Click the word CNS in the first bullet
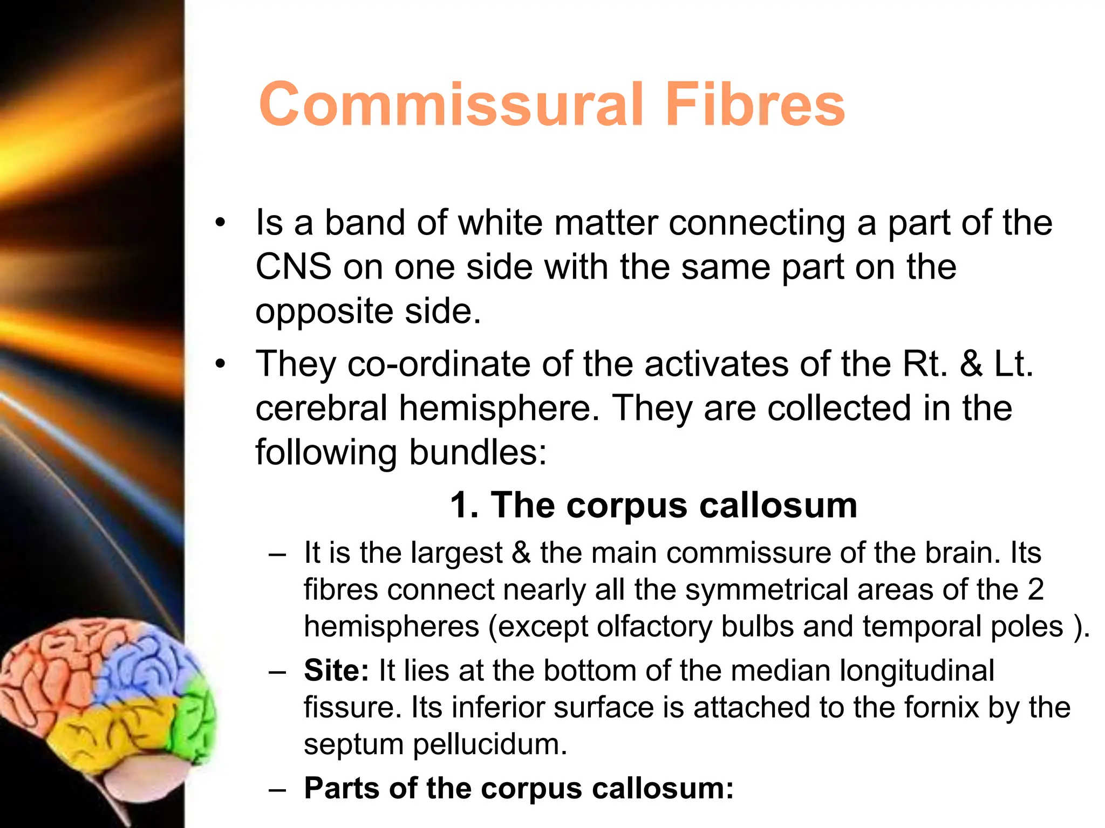(293, 267)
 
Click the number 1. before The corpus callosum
(465, 505)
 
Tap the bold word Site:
(336, 671)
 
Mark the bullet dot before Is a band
(220, 223)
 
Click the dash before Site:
(277, 672)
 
